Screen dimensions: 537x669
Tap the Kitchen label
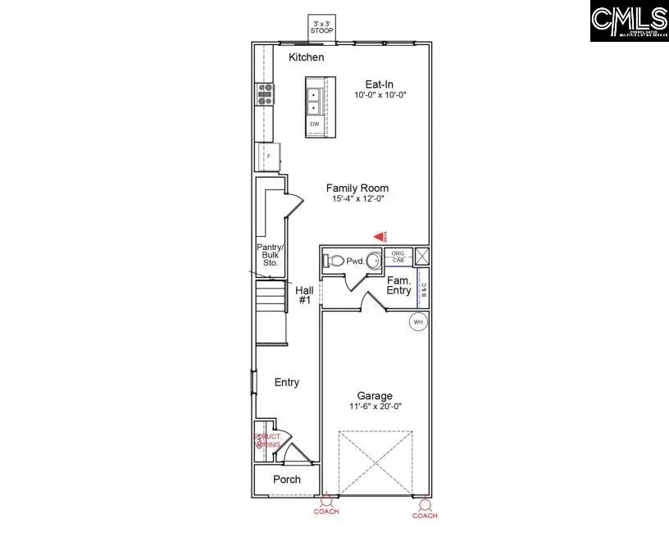pos(306,57)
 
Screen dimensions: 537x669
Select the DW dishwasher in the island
pos(314,125)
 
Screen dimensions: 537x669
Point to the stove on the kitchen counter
pos(266,95)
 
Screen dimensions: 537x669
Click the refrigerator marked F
pos(268,156)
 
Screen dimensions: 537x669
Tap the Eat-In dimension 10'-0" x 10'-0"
pos(380,95)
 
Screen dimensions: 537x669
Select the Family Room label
pos(357,188)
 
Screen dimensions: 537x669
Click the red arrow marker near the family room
pos(380,236)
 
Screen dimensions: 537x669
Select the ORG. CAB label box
pos(398,257)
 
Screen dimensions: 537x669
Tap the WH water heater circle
pos(418,322)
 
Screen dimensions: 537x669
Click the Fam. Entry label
pos(399,285)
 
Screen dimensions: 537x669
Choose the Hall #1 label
pos(303,294)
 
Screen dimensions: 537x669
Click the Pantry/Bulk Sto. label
pos(268,255)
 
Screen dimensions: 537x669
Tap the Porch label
pos(286,480)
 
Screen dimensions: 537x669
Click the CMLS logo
pos(629,22)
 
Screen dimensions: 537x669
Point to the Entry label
pos(287,382)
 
